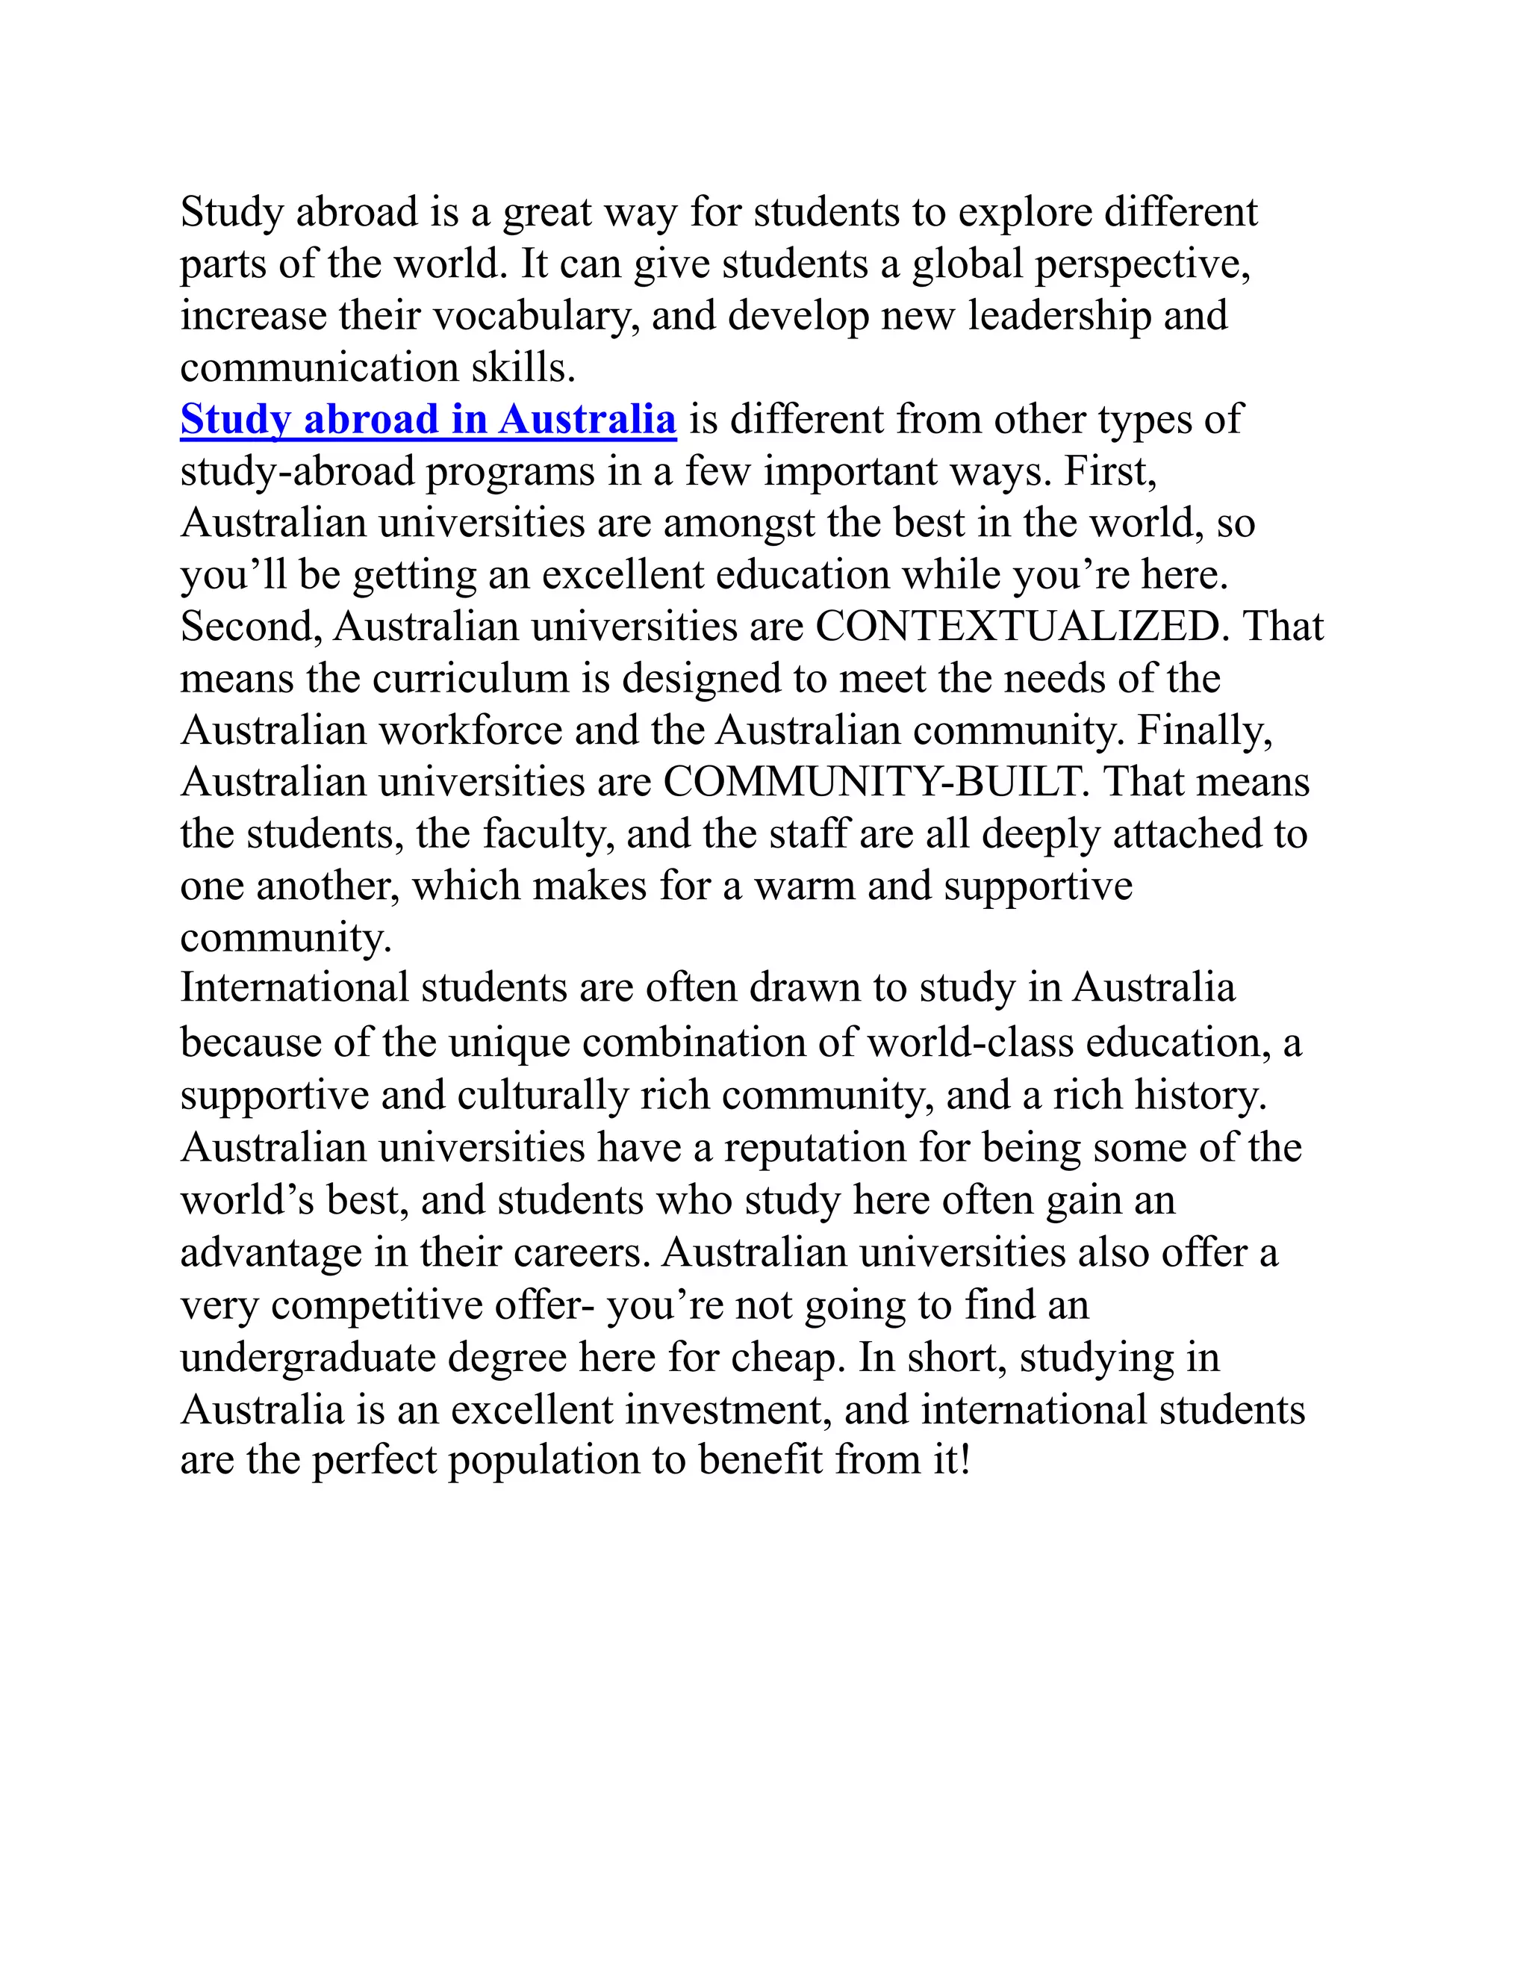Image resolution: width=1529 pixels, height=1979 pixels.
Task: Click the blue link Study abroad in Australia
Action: (x=428, y=420)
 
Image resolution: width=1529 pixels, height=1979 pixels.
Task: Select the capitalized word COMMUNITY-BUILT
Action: (x=876, y=782)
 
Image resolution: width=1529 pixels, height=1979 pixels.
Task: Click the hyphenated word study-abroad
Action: (x=297, y=472)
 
